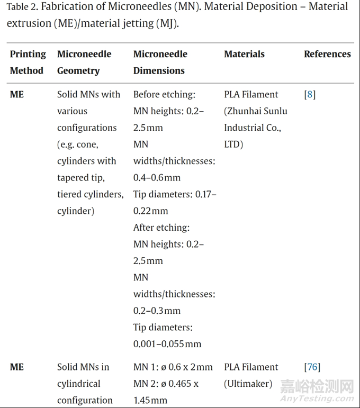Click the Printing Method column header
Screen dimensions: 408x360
(x=28, y=62)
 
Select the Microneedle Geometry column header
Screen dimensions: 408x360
(x=84, y=62)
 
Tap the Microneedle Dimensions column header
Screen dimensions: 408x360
(x=160, y=62)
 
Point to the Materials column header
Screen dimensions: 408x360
(x=244, y=54)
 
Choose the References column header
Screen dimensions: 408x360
(x=327, y=54)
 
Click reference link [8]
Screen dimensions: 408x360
(x=310, y=95)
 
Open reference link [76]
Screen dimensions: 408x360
(x=312, y=367)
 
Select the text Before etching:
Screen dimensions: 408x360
(x=164, y=95)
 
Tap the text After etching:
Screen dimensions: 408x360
(x=161, y=228)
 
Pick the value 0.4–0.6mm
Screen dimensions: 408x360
(x=157, y=177)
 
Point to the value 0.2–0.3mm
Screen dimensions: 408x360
(x=157, y=310)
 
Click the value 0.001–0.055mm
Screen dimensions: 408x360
(x=167, y=343)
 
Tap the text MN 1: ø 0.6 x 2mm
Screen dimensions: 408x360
(x=173, y=367)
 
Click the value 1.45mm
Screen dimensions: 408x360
(x=150, y=400)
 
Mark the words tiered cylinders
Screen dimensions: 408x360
(x=89, y=194)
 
